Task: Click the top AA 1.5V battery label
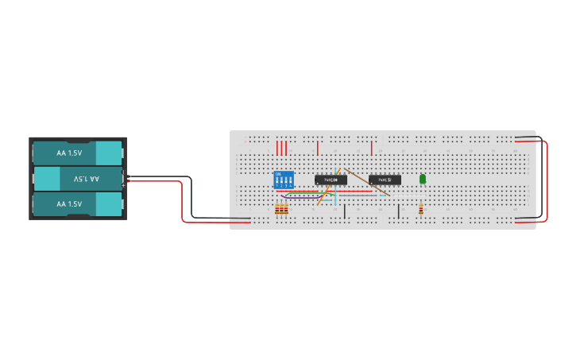click(69, 153)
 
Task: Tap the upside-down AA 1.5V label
click(86, 179)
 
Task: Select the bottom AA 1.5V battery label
click(69, 204)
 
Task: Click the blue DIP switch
click(283, 180)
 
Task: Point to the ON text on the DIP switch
click(278, 174)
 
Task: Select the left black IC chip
click(331, 180)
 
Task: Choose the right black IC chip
click(385, 180)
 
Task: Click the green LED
click(422, 179)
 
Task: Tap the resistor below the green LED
click(420, 209)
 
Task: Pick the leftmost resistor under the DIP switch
click(276, 208)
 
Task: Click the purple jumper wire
click(302, 196)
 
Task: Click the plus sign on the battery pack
click(123, 184)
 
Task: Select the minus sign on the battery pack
click(123, 173)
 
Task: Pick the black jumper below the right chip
click(398, 211)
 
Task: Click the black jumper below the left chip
click(344, 211)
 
